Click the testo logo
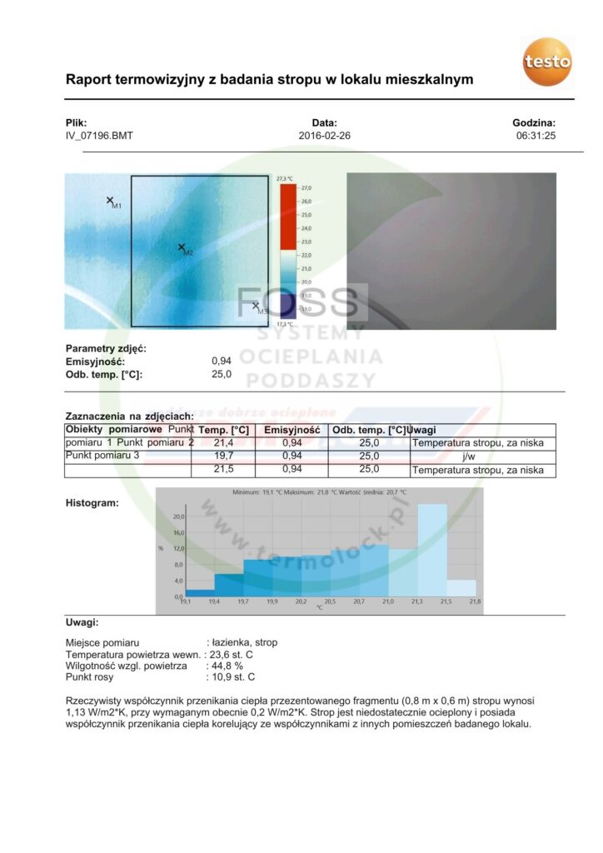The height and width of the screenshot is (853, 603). [x=547, y=61]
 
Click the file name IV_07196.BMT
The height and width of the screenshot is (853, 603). [x=99, y=135]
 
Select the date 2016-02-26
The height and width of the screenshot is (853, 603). [x=324, y=135]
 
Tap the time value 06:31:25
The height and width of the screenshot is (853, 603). [x=536, y=135]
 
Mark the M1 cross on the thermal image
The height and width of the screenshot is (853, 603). [x=110, y=200]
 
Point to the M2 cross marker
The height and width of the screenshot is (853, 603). [x=182, y=247]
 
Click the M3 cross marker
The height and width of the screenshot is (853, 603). [x=256, y=305]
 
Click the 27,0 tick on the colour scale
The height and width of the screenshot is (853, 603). [x=306, y=188]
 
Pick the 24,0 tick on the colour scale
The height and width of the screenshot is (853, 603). [x=306, y=228]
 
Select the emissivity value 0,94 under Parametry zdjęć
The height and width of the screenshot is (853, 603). [x=222, y=362]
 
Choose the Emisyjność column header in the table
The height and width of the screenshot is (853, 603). [x=292, y=430]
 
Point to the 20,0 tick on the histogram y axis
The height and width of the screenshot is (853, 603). [x=177, y=516]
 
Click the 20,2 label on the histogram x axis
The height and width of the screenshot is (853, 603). [x=301, y=601]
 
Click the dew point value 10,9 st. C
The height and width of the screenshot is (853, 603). [x=232, y=677]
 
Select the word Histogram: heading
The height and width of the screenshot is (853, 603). [x=92, y=502]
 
